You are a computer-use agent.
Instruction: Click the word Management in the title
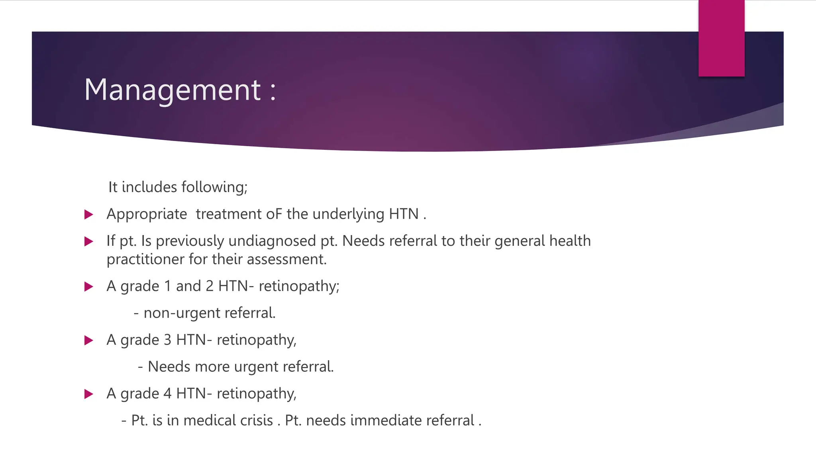coord(172,90)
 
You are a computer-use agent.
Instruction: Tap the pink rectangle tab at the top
coord(721,38)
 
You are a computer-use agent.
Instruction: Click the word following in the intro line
coord(214,187)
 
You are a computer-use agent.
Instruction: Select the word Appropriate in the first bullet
coord(147,214)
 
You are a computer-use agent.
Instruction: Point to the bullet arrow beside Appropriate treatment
coord(89,215)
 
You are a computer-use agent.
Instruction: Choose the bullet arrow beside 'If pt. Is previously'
coord(89,241)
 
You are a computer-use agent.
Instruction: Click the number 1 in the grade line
coord(167,286)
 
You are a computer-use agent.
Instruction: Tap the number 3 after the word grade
coord(167,340)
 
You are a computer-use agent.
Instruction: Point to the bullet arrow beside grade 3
coord(89,340)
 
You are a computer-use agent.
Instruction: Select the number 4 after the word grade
coord(167,394)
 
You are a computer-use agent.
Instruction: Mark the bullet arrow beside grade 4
coord(89,394)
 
